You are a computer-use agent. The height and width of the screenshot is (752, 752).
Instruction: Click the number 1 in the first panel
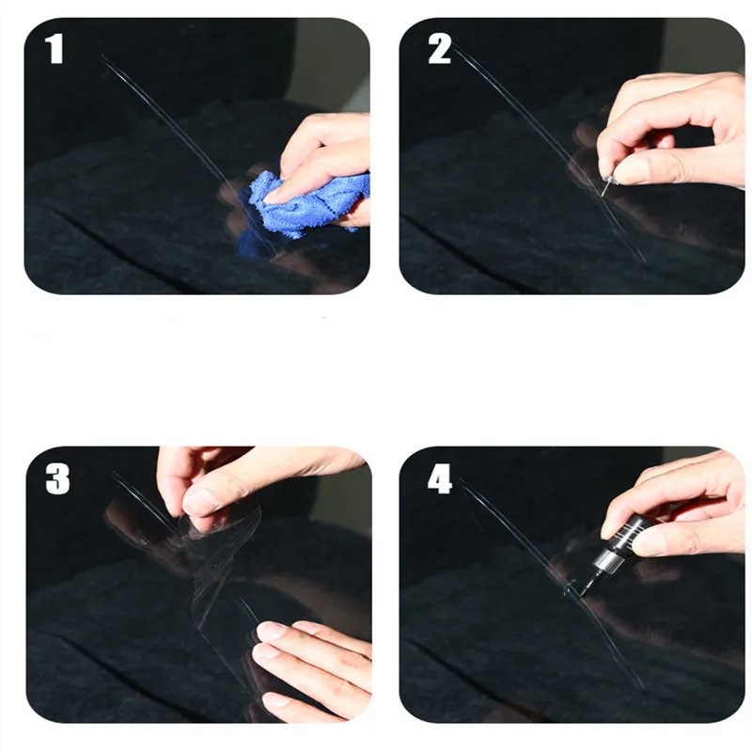click(55, 49)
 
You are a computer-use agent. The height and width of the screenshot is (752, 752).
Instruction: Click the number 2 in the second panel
click(439, 49)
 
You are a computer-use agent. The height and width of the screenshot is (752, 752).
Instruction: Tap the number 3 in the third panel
click(57, 478)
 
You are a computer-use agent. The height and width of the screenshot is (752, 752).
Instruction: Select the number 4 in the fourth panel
click(440, 478)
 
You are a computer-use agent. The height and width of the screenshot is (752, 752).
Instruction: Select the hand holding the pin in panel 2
click(671, 130)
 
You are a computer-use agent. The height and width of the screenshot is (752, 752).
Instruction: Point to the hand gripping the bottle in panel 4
click(676, 509)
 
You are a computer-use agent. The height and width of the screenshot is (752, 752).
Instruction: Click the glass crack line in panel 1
click(187, 153)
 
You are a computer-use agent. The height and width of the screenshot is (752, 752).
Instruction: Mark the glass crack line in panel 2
click(547, 153)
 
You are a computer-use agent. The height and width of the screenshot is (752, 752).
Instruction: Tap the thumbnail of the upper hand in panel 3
click(200, 502)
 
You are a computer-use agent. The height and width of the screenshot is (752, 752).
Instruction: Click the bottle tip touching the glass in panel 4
click(583, 593)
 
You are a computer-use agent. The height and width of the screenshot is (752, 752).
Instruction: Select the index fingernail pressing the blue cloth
click(274, 196)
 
